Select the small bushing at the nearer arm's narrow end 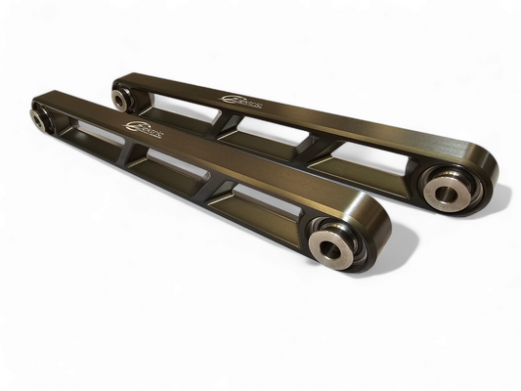click(x=40, y=118)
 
